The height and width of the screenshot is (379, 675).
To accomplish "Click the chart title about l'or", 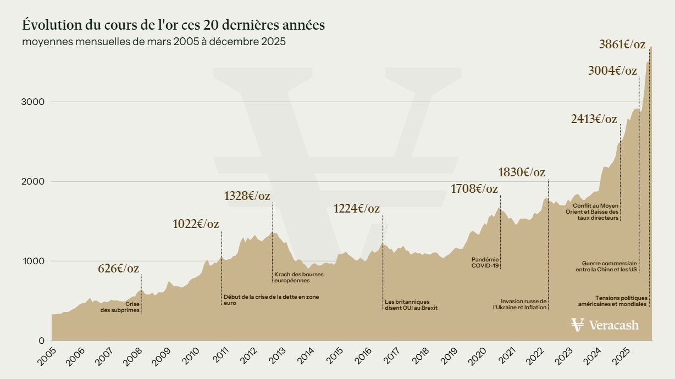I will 174,25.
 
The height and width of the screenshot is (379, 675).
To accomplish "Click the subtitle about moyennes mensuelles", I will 154,42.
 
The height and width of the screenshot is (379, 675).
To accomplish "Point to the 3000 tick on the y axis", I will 33,102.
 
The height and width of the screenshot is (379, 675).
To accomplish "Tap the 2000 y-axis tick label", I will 33,182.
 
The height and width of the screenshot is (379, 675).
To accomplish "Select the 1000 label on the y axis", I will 33,261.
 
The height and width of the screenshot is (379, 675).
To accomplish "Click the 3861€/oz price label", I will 622,44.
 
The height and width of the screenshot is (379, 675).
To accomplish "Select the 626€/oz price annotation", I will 118,269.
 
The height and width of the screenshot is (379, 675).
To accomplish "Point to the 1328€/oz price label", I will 247,196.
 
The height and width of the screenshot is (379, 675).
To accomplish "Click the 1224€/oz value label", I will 356,209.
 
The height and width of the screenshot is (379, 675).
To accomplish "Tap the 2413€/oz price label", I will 594,119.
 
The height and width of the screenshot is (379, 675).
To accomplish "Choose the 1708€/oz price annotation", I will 474,189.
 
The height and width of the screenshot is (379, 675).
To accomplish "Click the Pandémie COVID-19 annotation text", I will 485,262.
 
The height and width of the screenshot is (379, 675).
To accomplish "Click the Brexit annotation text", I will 411,304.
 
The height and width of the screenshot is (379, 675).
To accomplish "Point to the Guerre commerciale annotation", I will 606,266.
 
